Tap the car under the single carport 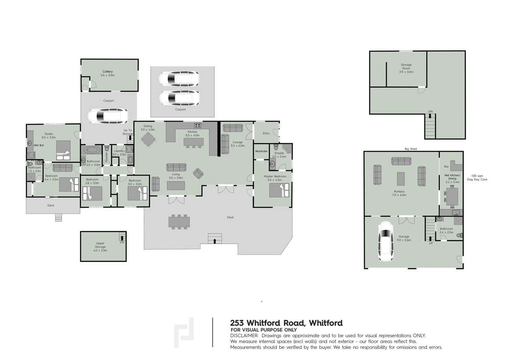click(108, 116)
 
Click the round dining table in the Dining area click(148, 139)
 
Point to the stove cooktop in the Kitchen click(198, 125)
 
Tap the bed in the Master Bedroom click(280, 190)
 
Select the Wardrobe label click(260, 151)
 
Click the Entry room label click(266, 133)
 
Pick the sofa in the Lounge click(232, 128)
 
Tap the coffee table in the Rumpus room click(400, 179)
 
